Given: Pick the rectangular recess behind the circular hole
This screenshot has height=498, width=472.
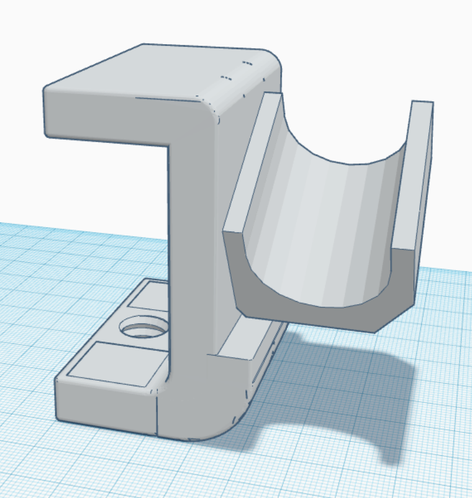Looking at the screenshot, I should [x=149, y=298].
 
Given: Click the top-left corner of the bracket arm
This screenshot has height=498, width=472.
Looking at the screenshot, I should [x=47, y=90].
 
